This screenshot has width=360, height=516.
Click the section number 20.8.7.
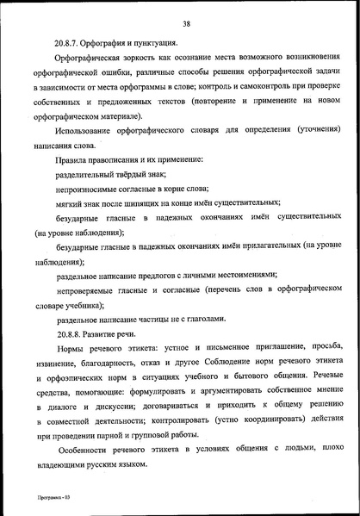(69, 42)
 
